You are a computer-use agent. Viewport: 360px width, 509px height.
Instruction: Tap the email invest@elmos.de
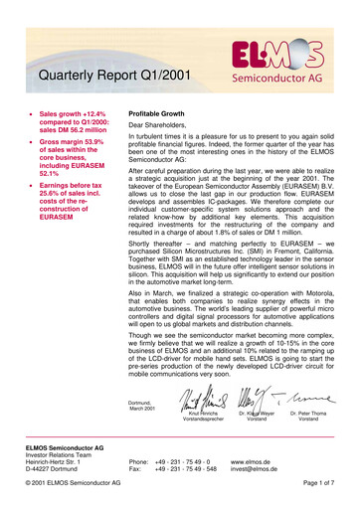(x=255, y=470)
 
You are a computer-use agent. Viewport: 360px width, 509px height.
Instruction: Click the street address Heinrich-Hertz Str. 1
(x=52, y=462)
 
